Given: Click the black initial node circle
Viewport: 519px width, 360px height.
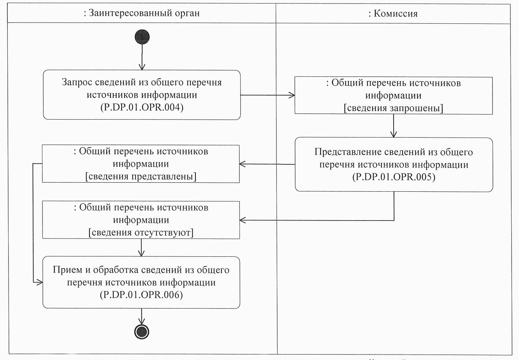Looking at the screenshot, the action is pyautogui.click(x=142, y=37).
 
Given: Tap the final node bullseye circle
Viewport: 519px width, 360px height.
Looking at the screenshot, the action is pyautogui.click(x=142, y=332).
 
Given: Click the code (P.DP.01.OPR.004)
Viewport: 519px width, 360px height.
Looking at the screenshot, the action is pyautogui.click(x=142, y=107).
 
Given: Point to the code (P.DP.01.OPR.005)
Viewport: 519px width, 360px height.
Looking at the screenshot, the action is pyautogui.click(x=394, y=177).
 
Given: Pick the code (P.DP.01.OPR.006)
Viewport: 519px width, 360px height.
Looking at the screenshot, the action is pyautogui.click(x=141, y=295).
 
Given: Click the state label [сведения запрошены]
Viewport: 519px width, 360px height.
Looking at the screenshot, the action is pyautogui.click(x=393, y=108).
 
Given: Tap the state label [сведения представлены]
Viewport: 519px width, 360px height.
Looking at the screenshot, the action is pyautogui.click(x=141, y=176).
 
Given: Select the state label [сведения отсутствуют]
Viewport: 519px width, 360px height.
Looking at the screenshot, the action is pyautogui.click(x=141, y=232).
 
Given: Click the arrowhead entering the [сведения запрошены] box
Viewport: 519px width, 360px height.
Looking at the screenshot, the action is pyautogui.click(x=292, y=95).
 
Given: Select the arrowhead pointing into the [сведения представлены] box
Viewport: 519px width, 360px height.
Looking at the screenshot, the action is pyautogui.click(x=243, y=164).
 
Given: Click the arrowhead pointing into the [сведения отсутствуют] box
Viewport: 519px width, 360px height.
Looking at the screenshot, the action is pyautogui.click(x=243, y=220).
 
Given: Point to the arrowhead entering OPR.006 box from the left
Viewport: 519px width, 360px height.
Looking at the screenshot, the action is pyautogui.click(x=40, y=282).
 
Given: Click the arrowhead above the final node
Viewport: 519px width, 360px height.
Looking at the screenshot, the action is pyautogui.click(x=142, y=321).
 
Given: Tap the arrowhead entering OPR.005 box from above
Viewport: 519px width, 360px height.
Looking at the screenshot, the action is pyautogui.click(x=394, y=134).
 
